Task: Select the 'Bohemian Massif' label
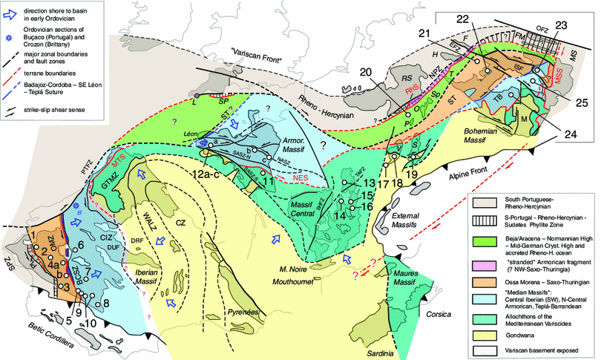click(x=486, y=134)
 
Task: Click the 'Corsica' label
click(x=438, y=314)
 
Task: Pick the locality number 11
click(x=267, y=180)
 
